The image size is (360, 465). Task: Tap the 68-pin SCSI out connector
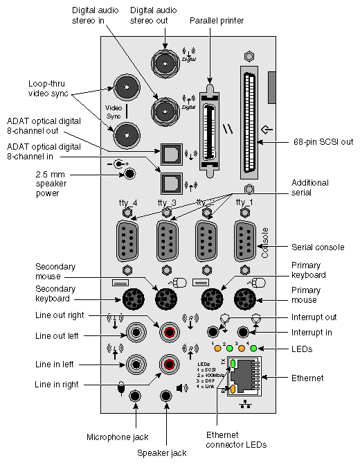point(249,123)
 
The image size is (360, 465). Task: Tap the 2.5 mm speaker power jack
point(127,175)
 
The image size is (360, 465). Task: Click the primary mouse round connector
point(244,299)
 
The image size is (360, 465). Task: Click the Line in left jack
point(136,363)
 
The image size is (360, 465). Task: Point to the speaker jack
point(166,396)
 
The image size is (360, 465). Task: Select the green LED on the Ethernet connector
point(233,363)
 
